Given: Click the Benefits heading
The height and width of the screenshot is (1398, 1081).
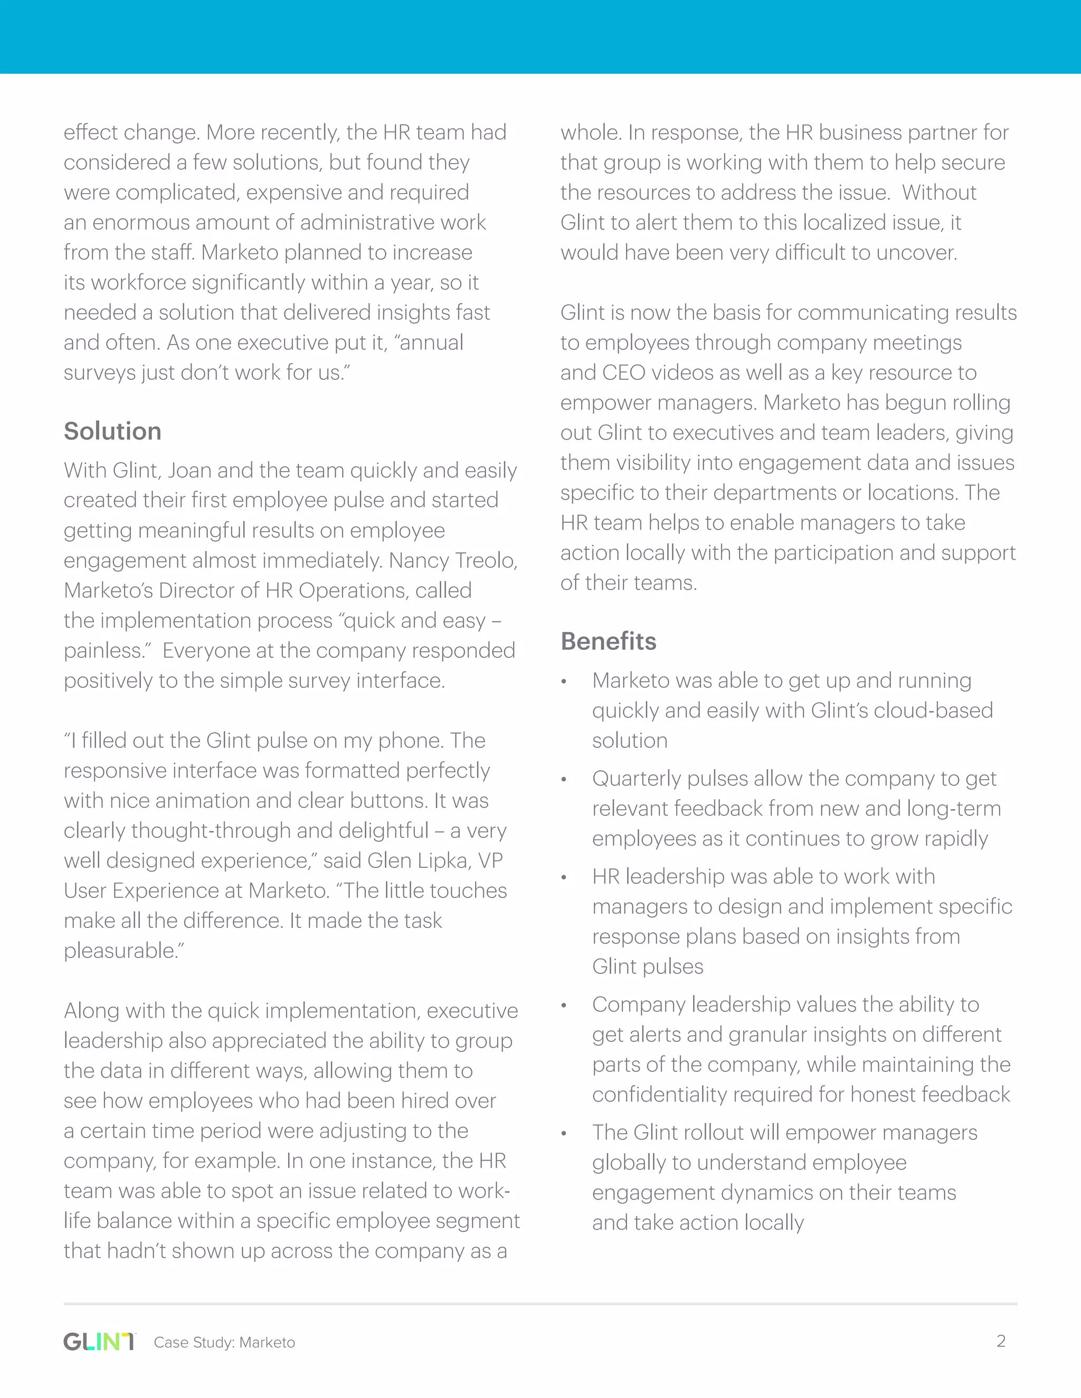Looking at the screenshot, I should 609,641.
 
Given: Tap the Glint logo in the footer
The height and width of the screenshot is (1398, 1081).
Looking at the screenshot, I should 99,1342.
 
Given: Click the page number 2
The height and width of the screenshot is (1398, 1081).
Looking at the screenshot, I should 1001,1341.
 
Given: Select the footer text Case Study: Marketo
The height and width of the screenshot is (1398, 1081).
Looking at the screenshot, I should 224,1342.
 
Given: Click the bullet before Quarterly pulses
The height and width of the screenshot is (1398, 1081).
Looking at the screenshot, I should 564,780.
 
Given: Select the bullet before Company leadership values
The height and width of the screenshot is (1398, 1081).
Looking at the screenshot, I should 564,1006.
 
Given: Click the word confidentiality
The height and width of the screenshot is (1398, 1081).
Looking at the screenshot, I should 660,1095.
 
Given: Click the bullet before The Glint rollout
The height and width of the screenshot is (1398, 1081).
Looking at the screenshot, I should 564,1134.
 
